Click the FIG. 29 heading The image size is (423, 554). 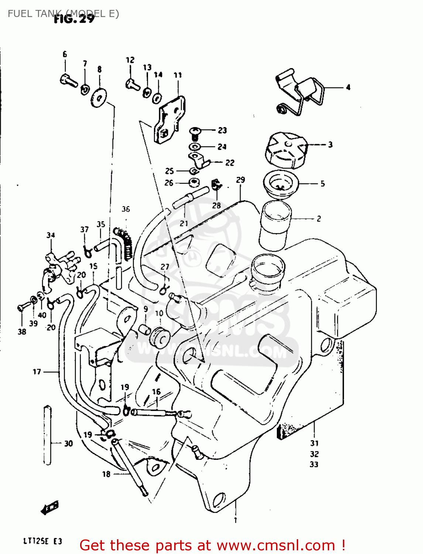pyautogui.click(x=74, y=18)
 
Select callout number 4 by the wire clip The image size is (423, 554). pyautogui.click(x=348, y=88)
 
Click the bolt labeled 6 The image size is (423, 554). pyautogui.click(x=69, y=81)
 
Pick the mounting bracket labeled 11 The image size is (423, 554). pyautogui.click(x=169, y=119)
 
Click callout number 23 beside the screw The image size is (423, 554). pyautogui.click(x=222, y=130)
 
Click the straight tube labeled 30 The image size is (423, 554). pyautogui.click(x=47, y=435)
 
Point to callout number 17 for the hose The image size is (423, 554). pyautogui.click(x=37, y=372)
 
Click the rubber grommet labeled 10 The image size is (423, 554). pyautogui.click(x=159, y=336)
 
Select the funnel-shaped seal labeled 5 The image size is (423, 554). pyautogui.click(x=280, y=184)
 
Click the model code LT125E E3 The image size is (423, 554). pyautogui.click(x=43, y=541)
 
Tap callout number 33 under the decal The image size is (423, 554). pyautogui.click(x=314, y=464)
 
